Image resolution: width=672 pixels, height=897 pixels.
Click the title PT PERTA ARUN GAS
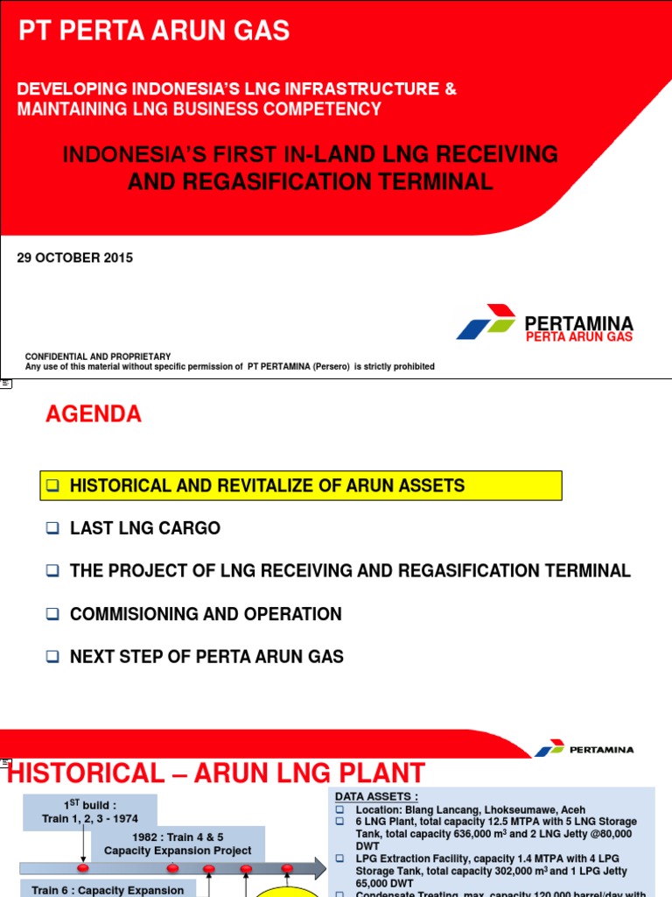click(x=155, y=32)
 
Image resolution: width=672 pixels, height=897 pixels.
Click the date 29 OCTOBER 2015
click(x=75, y=258)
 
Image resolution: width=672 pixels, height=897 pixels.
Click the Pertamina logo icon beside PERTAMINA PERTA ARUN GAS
click(x=486, y=322)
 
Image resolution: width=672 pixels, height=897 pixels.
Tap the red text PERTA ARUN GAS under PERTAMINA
click(x=578, y=337)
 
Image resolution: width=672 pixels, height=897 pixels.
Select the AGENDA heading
click(x=94, y=414)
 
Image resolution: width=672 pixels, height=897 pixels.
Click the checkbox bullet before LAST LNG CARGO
click(x=52, y=528)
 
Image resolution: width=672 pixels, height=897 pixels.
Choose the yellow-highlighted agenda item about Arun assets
click(x=300, y=485)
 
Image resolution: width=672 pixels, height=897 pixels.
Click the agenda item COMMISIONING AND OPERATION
click(x=206, y=614)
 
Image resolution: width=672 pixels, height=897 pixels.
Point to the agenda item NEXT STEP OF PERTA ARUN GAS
click(x=206, y=656)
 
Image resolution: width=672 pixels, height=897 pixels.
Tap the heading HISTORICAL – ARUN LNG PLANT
click(x=216, y=773)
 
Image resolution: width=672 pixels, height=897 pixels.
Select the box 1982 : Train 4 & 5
click(x=178, y=844)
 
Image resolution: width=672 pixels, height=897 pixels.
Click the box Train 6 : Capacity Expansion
click(x=108, y=889)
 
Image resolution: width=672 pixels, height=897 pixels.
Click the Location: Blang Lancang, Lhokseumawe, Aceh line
click(x=470, y=809)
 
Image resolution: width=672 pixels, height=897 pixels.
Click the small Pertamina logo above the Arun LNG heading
click(x=550, y=749)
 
